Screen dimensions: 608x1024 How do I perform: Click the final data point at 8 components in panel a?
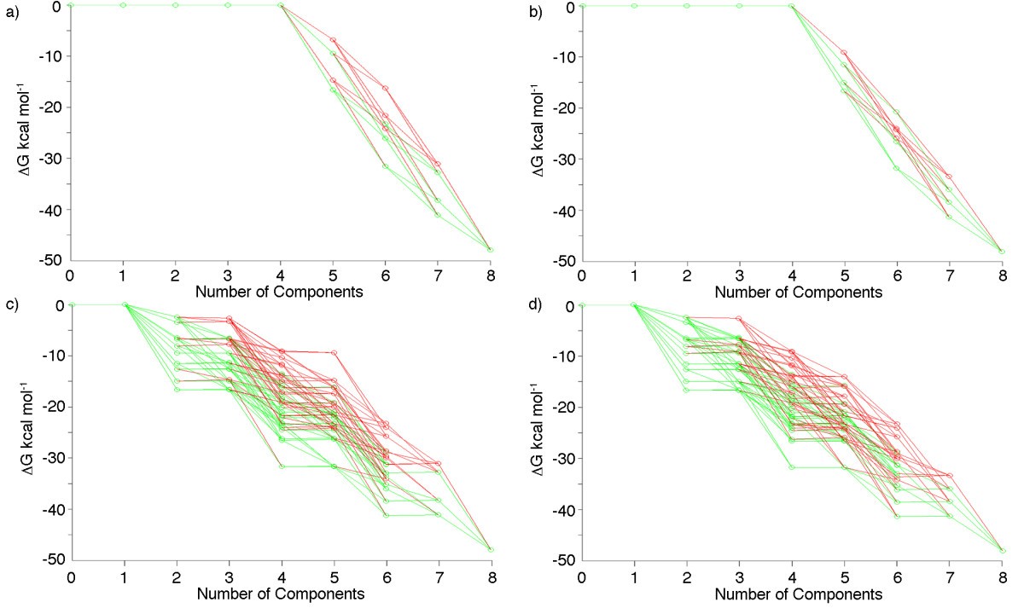coord(492,250)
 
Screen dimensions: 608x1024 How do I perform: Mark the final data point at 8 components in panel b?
coord(1002,252)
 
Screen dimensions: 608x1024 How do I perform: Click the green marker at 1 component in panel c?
coord(124,304)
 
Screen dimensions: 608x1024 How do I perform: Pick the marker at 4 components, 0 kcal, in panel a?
coord(281,5)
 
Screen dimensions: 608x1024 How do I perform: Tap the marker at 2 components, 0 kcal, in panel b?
coord(686,6)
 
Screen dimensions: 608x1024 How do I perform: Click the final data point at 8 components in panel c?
coord(492,550)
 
